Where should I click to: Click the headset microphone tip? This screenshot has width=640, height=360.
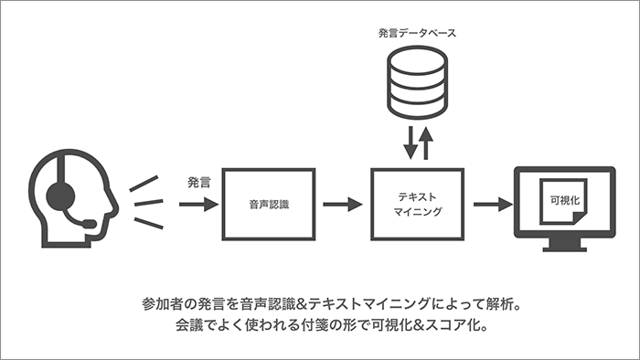point(90,223)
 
